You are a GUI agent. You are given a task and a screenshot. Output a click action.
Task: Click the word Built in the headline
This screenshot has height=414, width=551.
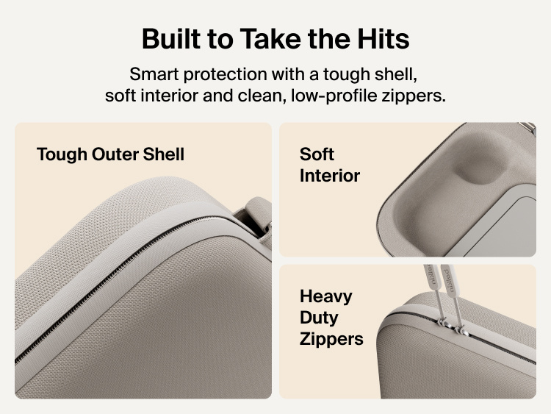pyautogui.click(x=171, y=38)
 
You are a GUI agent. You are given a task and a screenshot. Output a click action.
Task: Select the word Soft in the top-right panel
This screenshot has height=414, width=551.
pyautogui.click(x=317, y=154)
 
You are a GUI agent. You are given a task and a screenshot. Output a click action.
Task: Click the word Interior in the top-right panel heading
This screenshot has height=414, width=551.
pyautogui.click(x=330, y=176)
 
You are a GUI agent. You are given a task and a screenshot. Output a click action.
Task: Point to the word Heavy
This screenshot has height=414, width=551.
pyautogui.click(x=325, y=296)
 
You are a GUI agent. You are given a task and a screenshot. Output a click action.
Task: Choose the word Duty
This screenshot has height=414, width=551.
pyautogui.click(x=319, y=318)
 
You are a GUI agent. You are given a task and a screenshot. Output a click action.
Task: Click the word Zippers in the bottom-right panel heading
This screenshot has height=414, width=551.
pyautogui.click(x=331, y=339)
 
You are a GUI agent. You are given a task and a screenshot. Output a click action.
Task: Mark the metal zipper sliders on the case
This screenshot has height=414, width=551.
pyautogui.click(x=452, y=326)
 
